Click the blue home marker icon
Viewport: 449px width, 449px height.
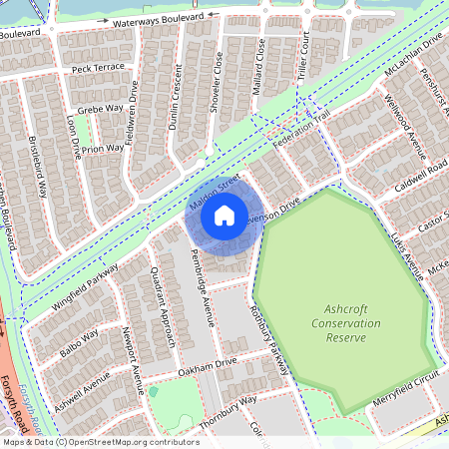point(224,214)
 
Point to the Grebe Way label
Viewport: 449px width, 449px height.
point(101,108)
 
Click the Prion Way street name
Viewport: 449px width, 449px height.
point(104,149)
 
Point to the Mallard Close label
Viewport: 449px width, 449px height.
point(258,60)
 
